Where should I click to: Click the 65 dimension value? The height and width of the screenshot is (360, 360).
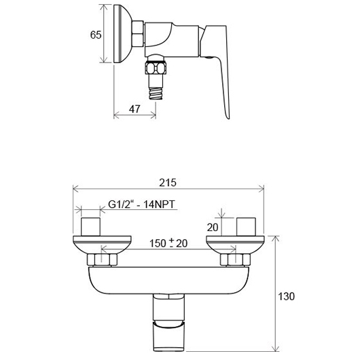click(x=96, y=35)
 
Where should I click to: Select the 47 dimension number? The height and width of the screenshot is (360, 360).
click(x=134, y=109)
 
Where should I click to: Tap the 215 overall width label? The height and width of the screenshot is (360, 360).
click(x=168, y=183)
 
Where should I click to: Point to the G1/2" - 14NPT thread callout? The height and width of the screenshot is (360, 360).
click(x=141, y=204)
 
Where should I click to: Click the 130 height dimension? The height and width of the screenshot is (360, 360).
click(x=286, y=296)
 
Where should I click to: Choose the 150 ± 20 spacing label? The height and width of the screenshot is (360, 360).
click(x=168, y=243)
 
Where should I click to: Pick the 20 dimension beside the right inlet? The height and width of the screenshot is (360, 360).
click(x=213, y=228)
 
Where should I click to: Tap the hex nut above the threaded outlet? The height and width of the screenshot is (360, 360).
click(x=156, y=68)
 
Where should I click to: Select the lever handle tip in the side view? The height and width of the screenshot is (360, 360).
click(x=228, y=116)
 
